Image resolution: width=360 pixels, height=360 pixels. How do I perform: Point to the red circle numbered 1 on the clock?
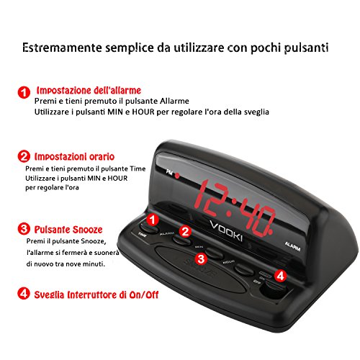coord(153,219)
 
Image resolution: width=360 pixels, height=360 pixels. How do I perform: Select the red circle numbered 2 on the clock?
coord(185,231)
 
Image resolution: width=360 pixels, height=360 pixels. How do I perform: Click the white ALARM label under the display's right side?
coord(294,246)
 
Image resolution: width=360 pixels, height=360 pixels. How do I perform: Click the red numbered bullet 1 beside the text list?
coord(24,92)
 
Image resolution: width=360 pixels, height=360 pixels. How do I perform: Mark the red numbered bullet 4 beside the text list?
coord(24,294)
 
